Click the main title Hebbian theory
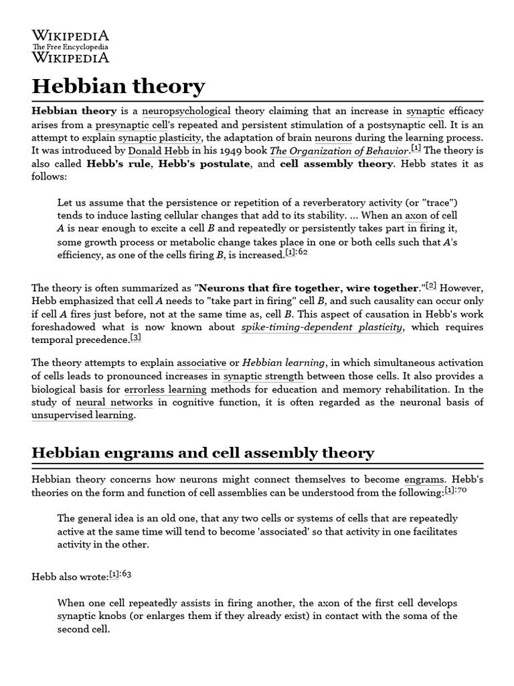click(118, 87)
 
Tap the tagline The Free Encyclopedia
click(70, 47)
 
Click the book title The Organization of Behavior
click(339, 151)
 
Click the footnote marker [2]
click(432, 286)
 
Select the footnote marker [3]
click(136, 338)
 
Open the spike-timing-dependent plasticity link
click(322, 328)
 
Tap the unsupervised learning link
click(82, 416)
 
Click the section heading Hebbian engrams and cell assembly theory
click(203, 453)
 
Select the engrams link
click(424, 480)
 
